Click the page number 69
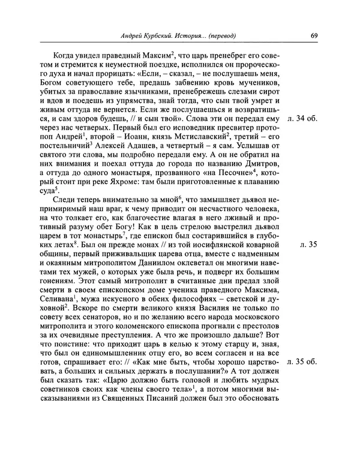coord(314,35)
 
